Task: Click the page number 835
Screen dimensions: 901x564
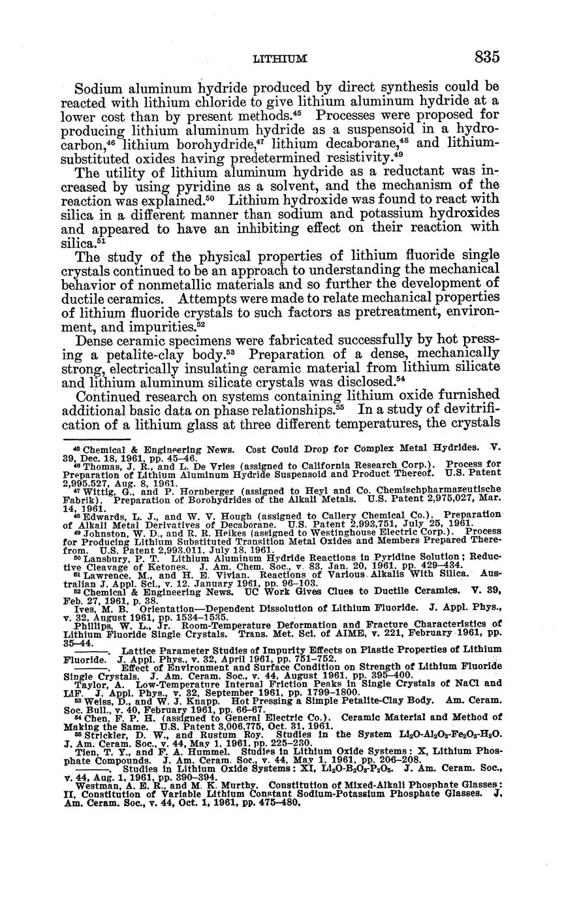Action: (487, 57)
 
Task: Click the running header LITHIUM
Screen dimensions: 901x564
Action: (280, 59)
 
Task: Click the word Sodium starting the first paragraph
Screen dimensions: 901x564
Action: (97, 87)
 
